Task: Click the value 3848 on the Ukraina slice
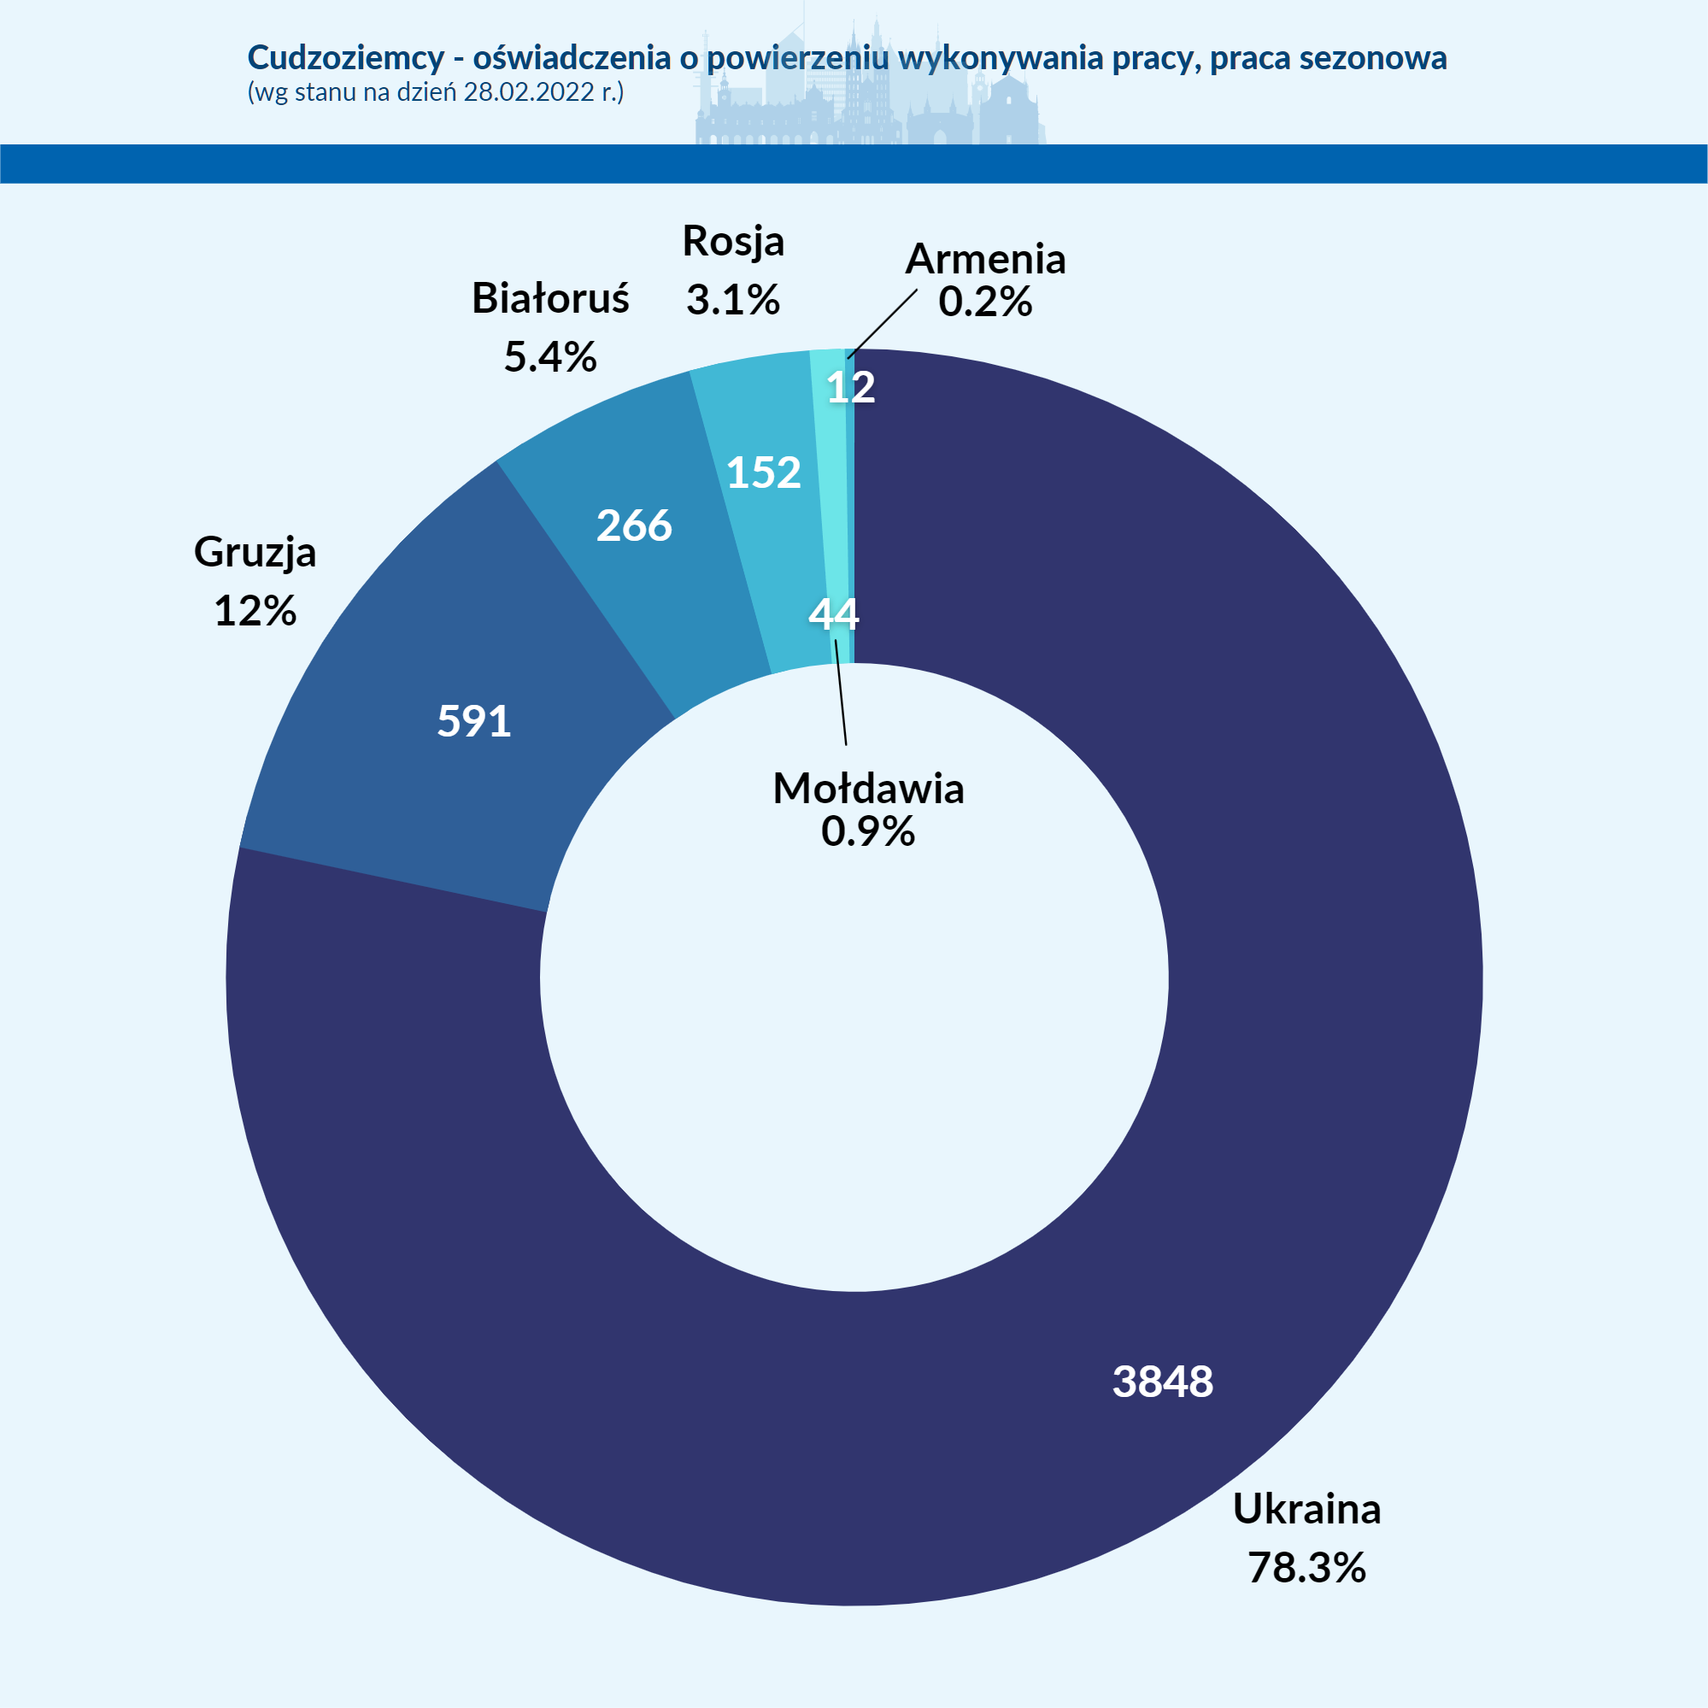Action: (x=1163, y=1381)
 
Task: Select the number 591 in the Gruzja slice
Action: (x=474, y=721)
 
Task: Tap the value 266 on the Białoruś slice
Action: (x=634, y=526)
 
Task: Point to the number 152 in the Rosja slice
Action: (x=764, y=473)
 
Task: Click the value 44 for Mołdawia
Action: (x=833, y=614)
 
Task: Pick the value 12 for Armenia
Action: (x=850, y=387)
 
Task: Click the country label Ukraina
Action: (x=1306, y=1509)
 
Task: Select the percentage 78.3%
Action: (x=1306, y=1567)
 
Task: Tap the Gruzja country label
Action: (x=255, y=553)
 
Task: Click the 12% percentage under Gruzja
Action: (x=255, y=611)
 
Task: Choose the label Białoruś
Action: (x=550, y=299)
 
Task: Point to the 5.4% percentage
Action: (x=550, y=357)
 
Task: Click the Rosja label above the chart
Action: (x=733, y=241)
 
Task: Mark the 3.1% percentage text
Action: (x=733, y=300)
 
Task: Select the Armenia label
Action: (x=985, y=259)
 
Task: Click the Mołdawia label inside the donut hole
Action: (x=868, y=789)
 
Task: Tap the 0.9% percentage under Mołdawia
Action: (x=868, y=831)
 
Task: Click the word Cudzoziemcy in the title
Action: (x=346, y=57)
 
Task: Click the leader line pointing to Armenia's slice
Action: (x=883, y=324)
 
